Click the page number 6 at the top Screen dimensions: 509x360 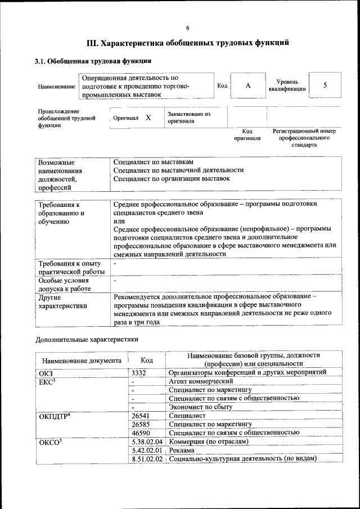pyautogui.click(x=188, y=28)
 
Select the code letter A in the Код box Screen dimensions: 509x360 pyautogui.click(x=248, y=85)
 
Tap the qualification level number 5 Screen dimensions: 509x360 pyautogui.click(x=325, y=85)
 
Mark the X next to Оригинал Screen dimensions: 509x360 pyautogui.click(x=148, y=118)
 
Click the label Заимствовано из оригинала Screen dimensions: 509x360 pyautogui.click(x=188, y=118)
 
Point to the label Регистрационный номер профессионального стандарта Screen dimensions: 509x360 pyautogui.click(x=304, y=138)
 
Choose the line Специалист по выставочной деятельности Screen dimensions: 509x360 pyautogui.click(x=178, y=170)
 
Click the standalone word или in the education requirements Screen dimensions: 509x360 pyautogui.click(x=118, y=221)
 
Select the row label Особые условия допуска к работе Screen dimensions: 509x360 pyautogui.click(x=64, y=284)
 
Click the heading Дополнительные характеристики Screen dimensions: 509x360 pyautogui.click(x=87, y=340)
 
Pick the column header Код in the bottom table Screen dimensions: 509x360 pyautogui.click(x=147, y=361)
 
